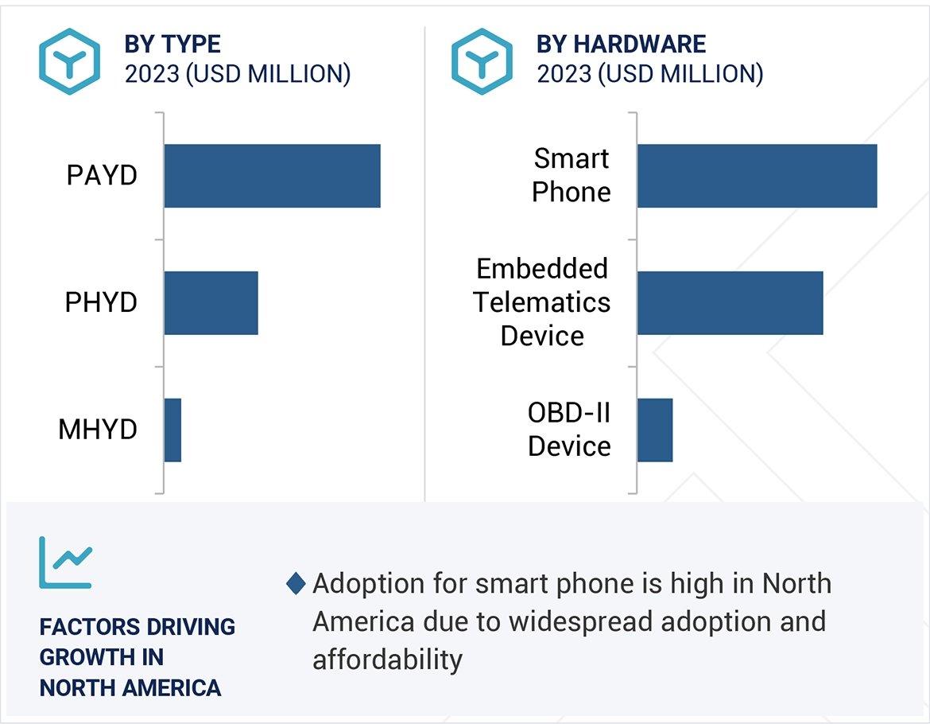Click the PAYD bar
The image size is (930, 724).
point(272,176)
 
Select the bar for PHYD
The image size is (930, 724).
point(211,302)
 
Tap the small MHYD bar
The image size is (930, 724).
point(172,430)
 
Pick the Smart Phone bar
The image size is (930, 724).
point(757,176)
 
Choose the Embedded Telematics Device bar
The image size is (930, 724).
point(730,302)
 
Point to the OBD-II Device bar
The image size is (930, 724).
point(655,430)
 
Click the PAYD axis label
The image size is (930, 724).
point(102,176)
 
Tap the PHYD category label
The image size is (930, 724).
point(101,302)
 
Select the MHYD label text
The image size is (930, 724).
point(98,430)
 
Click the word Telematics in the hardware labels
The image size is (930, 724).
point(542,302)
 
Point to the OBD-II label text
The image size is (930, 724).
point(569,414)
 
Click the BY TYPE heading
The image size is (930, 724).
point(172,44)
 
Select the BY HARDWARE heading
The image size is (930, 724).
point(621,44)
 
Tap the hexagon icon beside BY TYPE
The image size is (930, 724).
point(70,61)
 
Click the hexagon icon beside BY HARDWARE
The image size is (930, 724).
point(482,61)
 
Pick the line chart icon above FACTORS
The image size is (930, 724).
point(65,562)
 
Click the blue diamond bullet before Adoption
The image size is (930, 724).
point(296,584)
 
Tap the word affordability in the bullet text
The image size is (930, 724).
point(387,659)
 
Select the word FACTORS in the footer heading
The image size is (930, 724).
point(87,627)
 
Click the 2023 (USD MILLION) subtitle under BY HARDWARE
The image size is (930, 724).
point(649,74)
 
